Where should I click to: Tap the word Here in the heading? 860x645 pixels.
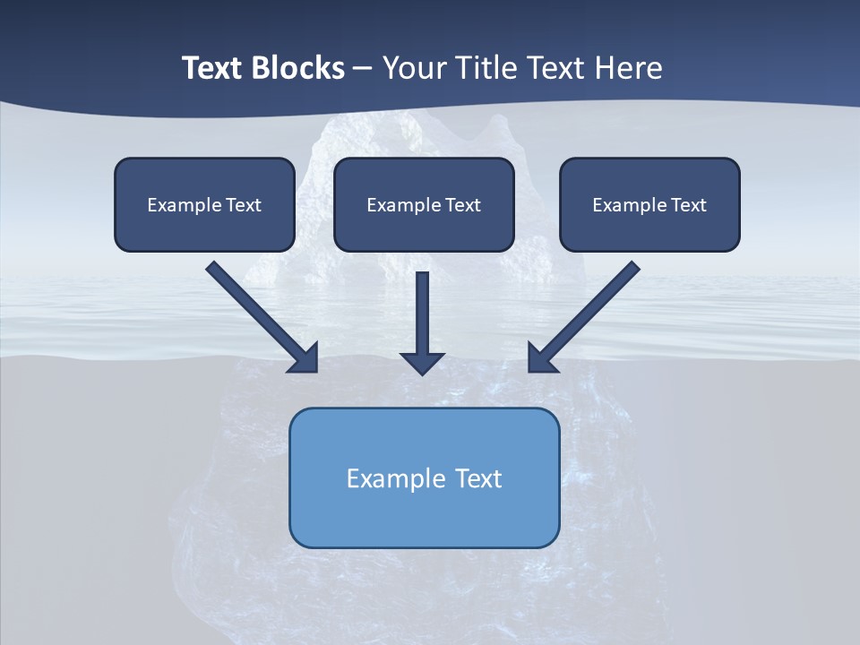pyautogui.click(x=629, y=68)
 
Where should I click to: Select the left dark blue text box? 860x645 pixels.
pyautogui.click(x=204, y=204)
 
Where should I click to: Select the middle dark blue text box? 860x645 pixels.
pyautogui.click(x=424, y=204)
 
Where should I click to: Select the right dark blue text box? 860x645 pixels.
pyautogui.click(x=649, y=204)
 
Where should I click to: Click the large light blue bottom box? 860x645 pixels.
pyautogui.click(x=424, y=477)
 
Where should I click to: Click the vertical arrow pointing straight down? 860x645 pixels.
pyautogui.click(x=422, y=318)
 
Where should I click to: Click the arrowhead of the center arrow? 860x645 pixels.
pyautogui.click(x=422, y=362)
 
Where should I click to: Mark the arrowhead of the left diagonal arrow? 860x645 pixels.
pyautogui.click(x=305, y=357)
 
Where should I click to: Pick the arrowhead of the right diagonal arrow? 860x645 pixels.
pyautogui.click(x=541, y=357)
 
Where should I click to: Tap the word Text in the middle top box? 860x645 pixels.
pyautogui.click(x=462, y=205)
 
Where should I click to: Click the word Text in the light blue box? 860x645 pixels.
pyautogui.click(x=478, y=478)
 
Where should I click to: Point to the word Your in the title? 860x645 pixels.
pyautogui.click(x=416, y=68)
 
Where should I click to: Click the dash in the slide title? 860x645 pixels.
pyautogui.click(x=363, y=68)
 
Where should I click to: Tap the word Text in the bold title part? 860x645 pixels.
pyautogui.click(x=215, y=68)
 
